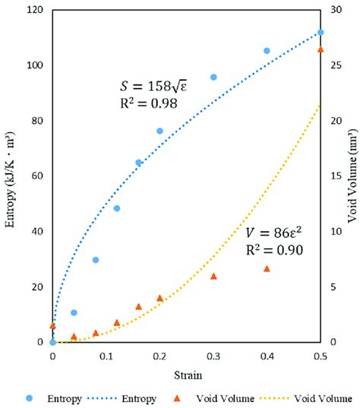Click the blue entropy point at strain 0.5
[x=321, y=32]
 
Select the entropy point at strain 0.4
[x=267, y=51]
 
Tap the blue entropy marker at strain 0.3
[x=213, y=77]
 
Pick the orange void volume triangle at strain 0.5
[x=321, y=49]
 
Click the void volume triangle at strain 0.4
[x=267, y=268]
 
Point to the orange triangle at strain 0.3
[x=213, y=276]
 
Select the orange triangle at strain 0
[x=52, y=325]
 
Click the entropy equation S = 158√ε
[x=154, y=86]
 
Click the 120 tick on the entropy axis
[x=34, y=11]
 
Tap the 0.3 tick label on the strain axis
[x=213, y=355]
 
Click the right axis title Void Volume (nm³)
[x=351, y=176]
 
